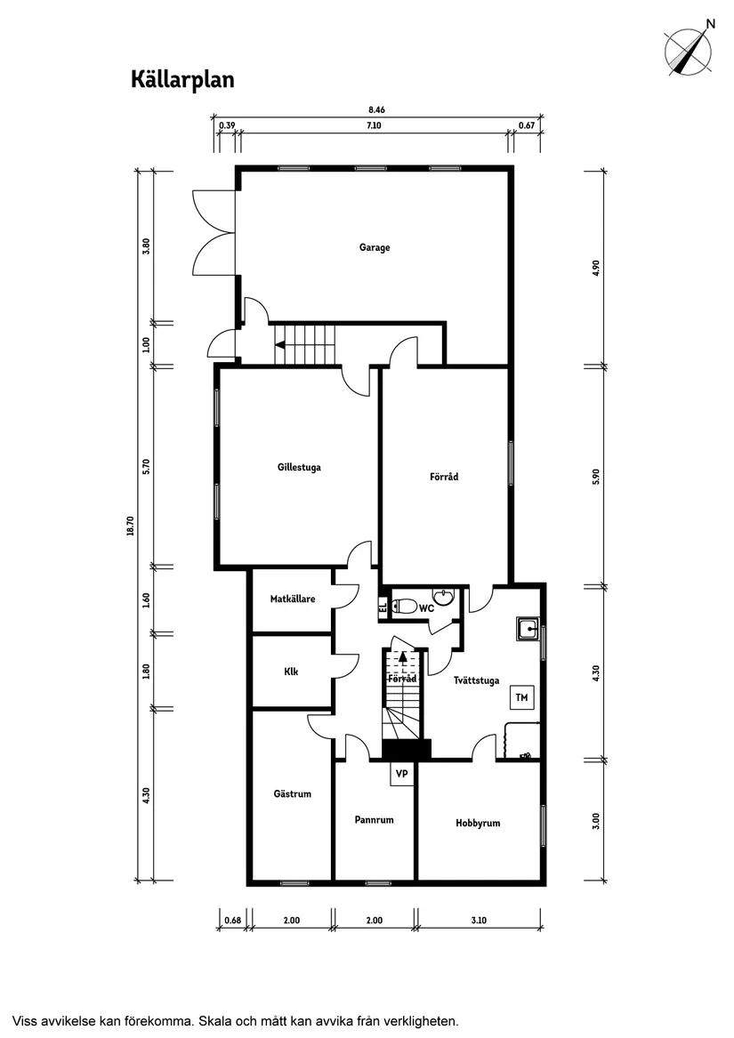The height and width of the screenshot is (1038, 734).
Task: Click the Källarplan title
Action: pyautogui.click(x=182, y=80)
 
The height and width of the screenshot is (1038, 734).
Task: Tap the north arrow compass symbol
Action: pyautogui.click(x=690, y=50)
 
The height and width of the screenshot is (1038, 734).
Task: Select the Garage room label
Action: pyautogui.click(x=375, y=247)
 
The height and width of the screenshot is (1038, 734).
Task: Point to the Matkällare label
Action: pyautogui.click(x=293, y=599)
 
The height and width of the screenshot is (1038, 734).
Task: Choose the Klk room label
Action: pyautogui.click(x=291, y=672)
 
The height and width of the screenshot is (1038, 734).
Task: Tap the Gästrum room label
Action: pyautogui.click(x=293, y=794)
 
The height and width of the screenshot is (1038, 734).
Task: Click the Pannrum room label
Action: pyautogui.click(x=374, y=820)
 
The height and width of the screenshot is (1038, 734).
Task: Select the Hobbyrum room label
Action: pyautogui.click(x=478, y=823)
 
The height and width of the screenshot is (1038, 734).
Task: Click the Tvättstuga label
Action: pyautogui.click(x=476, y=680)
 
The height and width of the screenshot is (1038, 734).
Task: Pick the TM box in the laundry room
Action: pyautogui.click(x=521, y=698)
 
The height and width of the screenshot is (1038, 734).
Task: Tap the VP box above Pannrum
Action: pyautogui.click(x=401, y=774)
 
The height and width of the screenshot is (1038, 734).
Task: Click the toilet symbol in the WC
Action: pyautogui.click(x=405, y=607)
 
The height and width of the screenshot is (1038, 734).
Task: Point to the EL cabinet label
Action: pyautogui.click(x=383, y=608)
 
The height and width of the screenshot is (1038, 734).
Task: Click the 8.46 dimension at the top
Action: pyautogui.click(x=376, y=110)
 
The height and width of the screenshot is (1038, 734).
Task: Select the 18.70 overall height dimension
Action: pyautogui.click(x=131, y=527)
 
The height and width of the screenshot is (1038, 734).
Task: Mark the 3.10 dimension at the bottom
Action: pyautogui.click(x=479, y=920)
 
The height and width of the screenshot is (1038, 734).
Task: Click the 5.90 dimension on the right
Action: pyautogui.click(x=597, y=476)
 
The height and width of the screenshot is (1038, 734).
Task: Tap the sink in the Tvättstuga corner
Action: pyautogui.click(x=527, y=630)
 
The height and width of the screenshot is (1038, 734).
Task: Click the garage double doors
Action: pyautogui.click(x=214, y=235)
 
